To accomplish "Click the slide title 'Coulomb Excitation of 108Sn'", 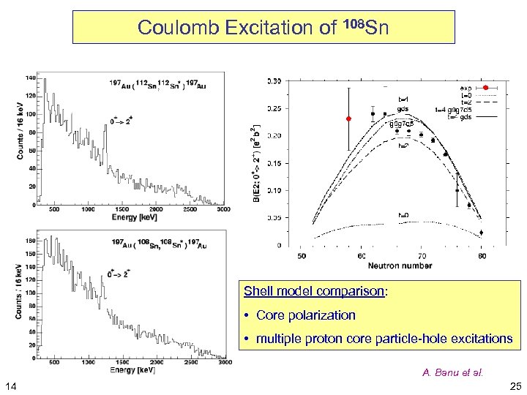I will click(x=263, y=27).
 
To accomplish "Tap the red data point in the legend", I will click(x=485, y=88).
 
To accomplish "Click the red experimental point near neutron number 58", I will click(x=349, y=118).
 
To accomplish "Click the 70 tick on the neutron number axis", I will click(x=421, y=256).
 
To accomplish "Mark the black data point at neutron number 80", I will click(x=481, y=233).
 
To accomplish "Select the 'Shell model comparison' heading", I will click(x=315, y=291).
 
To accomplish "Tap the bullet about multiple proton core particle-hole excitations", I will click(x=378, y=338).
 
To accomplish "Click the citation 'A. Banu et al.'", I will click(x=452, y=372).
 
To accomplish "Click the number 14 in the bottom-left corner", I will click(x=12, y=385).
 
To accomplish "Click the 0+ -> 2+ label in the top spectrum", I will click(x=121, y=119).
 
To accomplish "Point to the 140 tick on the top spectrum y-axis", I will click(x=31, y=78).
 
